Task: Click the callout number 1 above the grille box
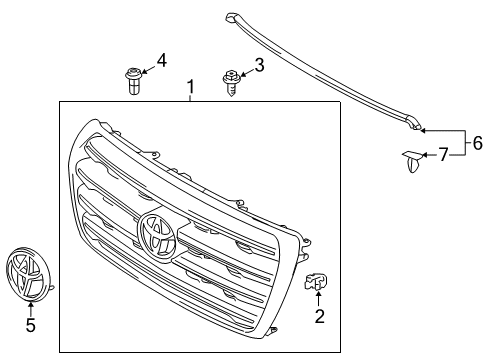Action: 190,90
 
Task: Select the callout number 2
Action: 320,318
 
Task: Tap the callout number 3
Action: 259,66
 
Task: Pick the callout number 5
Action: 30,325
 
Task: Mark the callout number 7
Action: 444,154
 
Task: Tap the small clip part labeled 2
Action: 318,283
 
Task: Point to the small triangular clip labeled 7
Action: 412,158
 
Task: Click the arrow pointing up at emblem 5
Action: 30,308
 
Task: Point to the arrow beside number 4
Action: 149,66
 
